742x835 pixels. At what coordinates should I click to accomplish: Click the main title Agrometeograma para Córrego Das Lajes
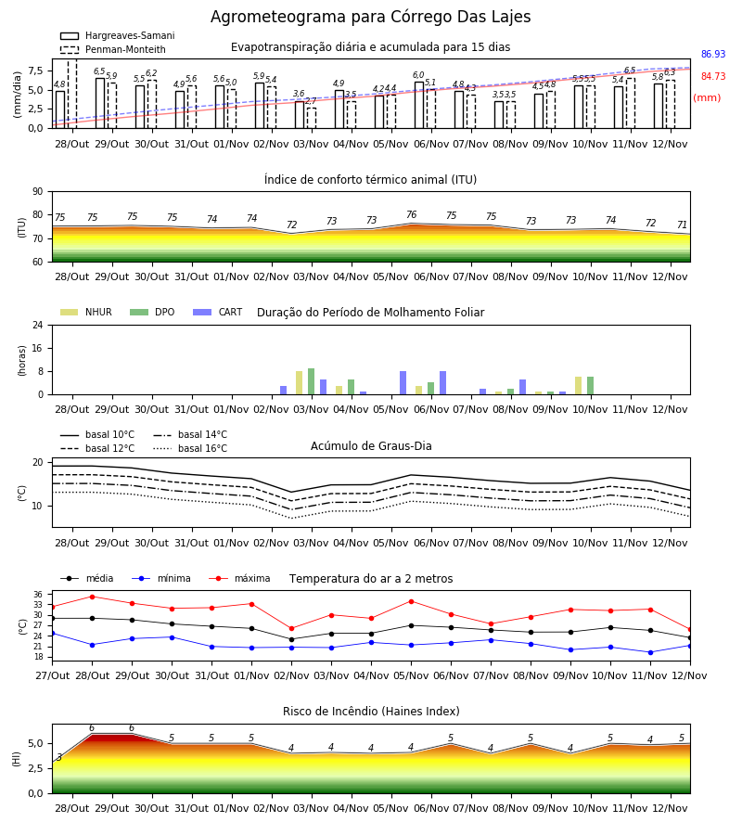pyautogui.click(x=370, y=17)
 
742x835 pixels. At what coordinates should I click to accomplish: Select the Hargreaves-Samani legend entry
pyautogui.click(x=117, y=35)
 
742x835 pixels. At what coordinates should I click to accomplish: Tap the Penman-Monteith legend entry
pyautogui.click(x=113, y=49)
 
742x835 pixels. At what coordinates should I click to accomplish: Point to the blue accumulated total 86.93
pyautogui.click(x=713, y=55)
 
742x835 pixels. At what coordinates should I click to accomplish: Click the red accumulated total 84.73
pyautogui.click(x=713, y=77)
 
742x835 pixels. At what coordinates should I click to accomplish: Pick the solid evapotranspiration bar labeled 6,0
pyautogui.click(x=419, y=105)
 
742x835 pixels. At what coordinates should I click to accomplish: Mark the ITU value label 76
pyautogui.click(x=412, y=214)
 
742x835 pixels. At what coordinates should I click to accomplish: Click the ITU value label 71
pyautogui.click(x=682, y=225)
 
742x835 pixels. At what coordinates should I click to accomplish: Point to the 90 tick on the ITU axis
pyautogui.click(x=37, y=192)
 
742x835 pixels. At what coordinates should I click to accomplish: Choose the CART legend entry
pyautogui.click(x=218, y=312)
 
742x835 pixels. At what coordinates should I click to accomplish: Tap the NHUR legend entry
pyautogui.click(x=86, y=312)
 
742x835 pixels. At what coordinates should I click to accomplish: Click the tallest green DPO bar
pyautogui.click(x=312, y=381)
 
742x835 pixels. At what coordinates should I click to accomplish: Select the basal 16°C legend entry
pyautogui.click(x=190, y=448)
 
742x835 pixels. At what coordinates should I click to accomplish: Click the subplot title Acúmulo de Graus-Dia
pyautogui.click(x=371, y=446)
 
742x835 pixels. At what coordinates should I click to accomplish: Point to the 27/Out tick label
pyautogui.click(x=53, y=675)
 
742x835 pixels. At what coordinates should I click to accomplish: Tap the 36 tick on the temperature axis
pyautogui.click(x=38, y=595)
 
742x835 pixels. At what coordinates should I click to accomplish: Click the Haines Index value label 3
pyautogui.click(x=59, y=758)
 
